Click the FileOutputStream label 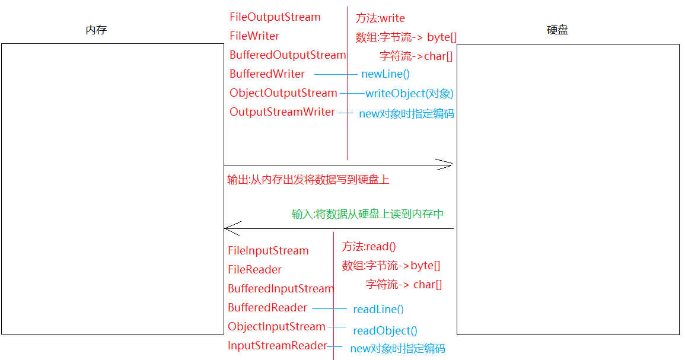coord(275,17)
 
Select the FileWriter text coord(254,36)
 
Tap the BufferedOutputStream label coord(288,55)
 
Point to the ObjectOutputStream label coord(283,93)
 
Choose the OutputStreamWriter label coord(282,112)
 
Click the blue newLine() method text coord(385,74)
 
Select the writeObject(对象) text coord(409,94)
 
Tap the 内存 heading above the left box coord(96,30)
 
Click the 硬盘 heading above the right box coord(557,30)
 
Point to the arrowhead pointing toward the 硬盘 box coord(445,165)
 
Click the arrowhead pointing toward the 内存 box coord(232,228)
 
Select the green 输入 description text coord(368,214)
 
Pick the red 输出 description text coord(308,180)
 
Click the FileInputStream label coord(268,251)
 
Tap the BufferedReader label coord(267,308)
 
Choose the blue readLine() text coord(378,310)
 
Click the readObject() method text coord(385,331)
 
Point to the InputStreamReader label coord(277,346)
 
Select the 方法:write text coord(380,18)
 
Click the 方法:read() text coord(369,247)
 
